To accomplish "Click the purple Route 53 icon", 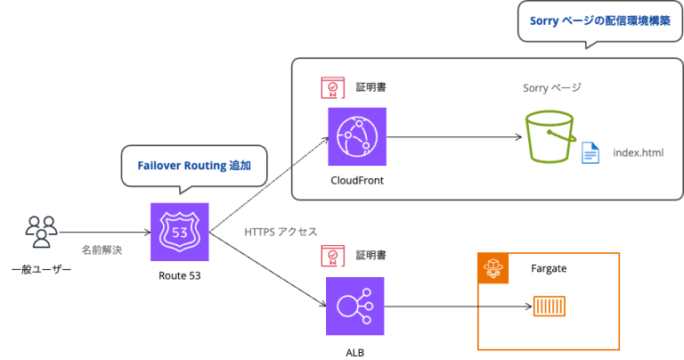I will (x=179, y=232).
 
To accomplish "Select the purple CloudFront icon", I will (x=356, y=136).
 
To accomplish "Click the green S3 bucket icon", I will (x=550, y=135).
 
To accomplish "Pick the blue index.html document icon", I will (x=590, y=152).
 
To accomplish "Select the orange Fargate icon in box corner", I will (x=493, y=267).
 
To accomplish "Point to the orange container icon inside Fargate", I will (x=549, y=307).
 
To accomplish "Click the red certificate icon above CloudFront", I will (x=332, y=87).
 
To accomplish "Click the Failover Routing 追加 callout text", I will (x=193, y=166).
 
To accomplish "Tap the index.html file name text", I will (x=638, y=152).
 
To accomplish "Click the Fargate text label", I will (x=549, y=267).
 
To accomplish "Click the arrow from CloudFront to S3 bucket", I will (x=454, y=137).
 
